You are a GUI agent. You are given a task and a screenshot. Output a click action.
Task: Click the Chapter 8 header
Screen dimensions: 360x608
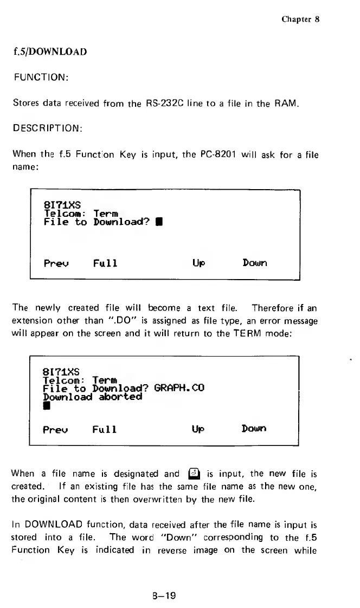pyautogui.click(x=300, y=19)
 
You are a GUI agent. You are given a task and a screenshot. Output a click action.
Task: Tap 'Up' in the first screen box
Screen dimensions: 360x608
pyautogui.click(x=198, y=264)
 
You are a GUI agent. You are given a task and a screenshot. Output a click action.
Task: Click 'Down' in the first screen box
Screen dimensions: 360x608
pyautogui.click(x=255, y=264)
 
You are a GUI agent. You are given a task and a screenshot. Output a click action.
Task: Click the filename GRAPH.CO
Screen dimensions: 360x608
pyautogui.click(x=178, y=389)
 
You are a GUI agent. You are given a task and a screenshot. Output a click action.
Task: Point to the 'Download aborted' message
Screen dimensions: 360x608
pyautogui.click(x=92, y=397)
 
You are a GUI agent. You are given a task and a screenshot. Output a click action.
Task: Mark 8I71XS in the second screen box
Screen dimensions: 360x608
pyautogui.click(x=61, y=372)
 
